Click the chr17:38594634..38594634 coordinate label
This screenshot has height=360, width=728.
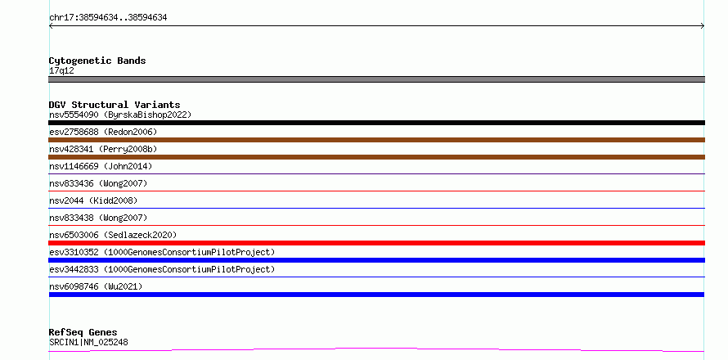pyautogui.click(x=108, y=18)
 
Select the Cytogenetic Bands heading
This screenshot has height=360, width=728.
pyautogui.click(x=97, y=61)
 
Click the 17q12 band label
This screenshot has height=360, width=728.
pyautogui.click(x=61, y=70)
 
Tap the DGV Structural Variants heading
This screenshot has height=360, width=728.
pyautogui.click(x=115, y=105)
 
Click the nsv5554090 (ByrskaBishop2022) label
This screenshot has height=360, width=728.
pyautogui.click(x=120, y=115)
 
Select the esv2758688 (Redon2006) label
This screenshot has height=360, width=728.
pyautogui.click(x=103, y=132)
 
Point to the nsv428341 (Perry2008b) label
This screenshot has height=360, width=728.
pyautogui.click(x=103, y=149)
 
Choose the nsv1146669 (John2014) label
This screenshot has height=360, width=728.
pyautogui.click(x=101, y=166)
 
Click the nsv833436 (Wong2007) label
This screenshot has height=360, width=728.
pyautogui.click(x=98, y=183)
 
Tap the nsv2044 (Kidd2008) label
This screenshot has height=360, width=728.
pyautogui.click(x=93, y=200)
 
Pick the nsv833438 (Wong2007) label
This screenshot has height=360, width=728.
pyautogui.click(x=98, y=218)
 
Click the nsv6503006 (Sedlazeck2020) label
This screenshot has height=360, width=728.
pyautogui.click(x=113, y=235)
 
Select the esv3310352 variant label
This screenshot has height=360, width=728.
pyautogui.click(x=162, y=252)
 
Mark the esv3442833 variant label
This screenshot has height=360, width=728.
pyautogui.click(x=162, y=269)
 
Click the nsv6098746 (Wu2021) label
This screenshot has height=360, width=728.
pyautogui.click(x=96, y=286)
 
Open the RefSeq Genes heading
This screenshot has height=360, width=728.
pyautogui.click(x=83, y=332)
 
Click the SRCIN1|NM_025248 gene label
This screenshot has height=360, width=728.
pyautogui.click(x=88, y=342)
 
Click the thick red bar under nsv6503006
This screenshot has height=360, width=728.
pyautogui.click(x=376, y=243)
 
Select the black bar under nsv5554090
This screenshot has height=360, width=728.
pyautogui.click(x=376, y=123)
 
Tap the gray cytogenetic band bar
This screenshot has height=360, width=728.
pyautogui.click(x=376, y=79)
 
